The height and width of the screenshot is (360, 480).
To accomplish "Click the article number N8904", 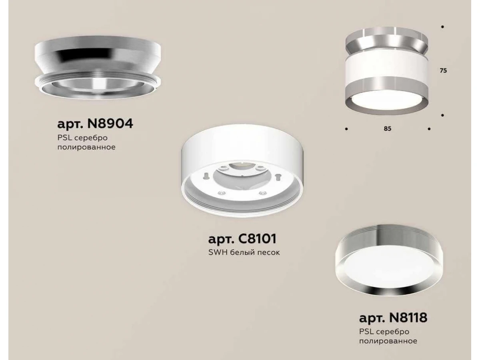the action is click(110, 124).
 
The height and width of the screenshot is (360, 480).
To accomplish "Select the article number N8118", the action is click(408, 318).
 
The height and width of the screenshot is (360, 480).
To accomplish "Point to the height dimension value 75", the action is click(443, 71).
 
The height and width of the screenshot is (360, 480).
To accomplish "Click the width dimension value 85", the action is click(387, 128).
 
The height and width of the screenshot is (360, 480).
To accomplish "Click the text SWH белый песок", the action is click(244, 252).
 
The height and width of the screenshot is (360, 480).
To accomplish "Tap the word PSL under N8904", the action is click(65, 138).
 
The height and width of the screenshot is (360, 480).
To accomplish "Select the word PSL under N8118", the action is click(366, 332).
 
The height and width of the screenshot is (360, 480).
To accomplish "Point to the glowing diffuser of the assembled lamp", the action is click(387, 101).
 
